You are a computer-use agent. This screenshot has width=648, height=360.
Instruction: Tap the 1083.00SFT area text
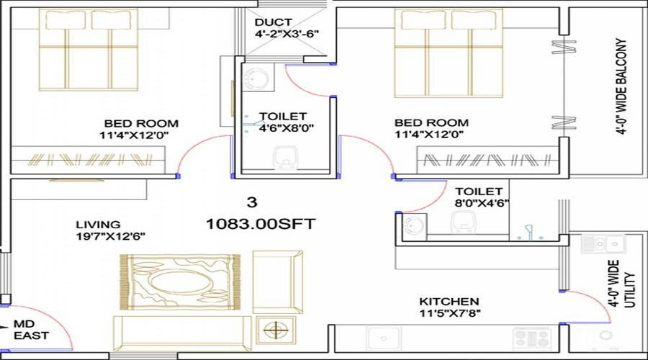coord(260,224)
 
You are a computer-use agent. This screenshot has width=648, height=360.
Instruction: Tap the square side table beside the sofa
coord(274,330)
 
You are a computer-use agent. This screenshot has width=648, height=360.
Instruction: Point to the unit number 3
coord(251,202)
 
